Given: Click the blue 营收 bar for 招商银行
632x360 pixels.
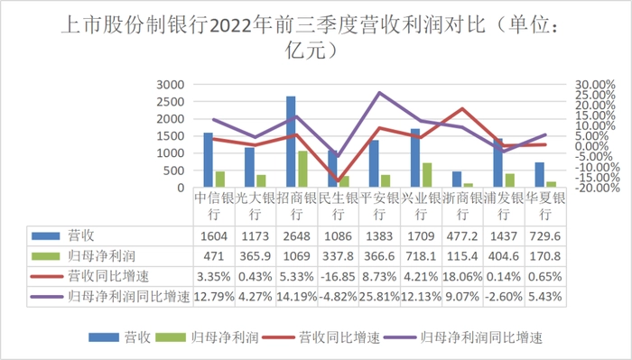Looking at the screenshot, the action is pyautogui.click(x=291, y=142).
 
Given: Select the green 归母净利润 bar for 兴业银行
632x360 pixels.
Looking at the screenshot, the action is pyautogui.click(x=427, y=175).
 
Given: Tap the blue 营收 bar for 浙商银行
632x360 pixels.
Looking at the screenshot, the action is pyautogui.click(x=457, y=180).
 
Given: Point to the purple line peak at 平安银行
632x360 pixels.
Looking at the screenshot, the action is pyautogui.click(x=379, y=93).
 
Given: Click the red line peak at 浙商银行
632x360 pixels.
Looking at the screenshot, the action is pyautogui.click(x=462, y=109).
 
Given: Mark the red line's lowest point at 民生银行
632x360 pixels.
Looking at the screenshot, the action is pyautogui.click(x=338, y=180).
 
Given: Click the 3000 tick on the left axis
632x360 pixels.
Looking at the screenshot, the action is pyautogui.click(x=170, y=85).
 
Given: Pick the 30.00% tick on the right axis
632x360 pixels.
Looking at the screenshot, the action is pyautogui.click(x=595, y=85).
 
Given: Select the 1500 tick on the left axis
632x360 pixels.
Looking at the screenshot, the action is pyautogui.click(x=170, y=136).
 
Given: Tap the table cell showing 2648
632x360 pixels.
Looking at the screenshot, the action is pyautogui.click(x=297, y=236).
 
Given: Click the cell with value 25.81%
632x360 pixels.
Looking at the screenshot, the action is pyautogui.click(x=379, y=297).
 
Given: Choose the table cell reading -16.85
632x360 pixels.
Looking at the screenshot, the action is pyautogui.click(x=338, y=277).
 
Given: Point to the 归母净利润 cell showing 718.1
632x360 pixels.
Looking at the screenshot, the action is pyautogui.click(x=421, y=256).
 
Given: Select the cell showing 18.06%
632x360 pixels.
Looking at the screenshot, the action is pyautogui.click(x=462, y=277).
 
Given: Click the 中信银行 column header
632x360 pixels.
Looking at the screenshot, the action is pyautogui.click(x=214, y=206).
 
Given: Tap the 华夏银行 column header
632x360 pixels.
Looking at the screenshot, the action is pyautogui.click(x=545, y=206).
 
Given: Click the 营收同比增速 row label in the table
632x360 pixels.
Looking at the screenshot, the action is pyautogui.click(x=108, y=277).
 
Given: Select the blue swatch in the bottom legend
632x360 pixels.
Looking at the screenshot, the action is pyautogui.click(x=104, y=337).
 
